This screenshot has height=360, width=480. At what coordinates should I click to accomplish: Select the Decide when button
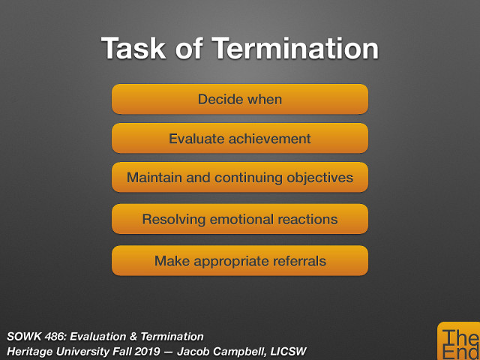tap(240, 99)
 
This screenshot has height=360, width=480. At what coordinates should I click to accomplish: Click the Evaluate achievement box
tap(240, 139)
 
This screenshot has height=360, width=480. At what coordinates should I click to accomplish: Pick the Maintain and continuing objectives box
tap(240, 178)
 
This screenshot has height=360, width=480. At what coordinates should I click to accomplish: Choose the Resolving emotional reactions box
tap(240, 220)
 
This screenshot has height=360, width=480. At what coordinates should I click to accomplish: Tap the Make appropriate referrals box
tap(240, 261)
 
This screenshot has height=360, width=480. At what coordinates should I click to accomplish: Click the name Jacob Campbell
tap(226, 351)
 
